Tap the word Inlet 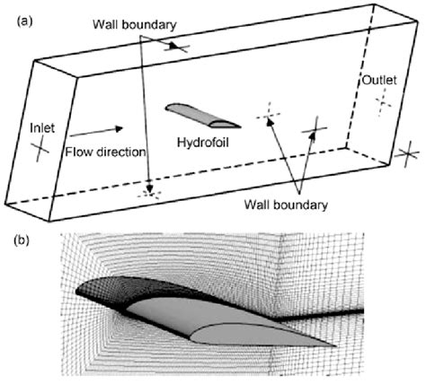pyautogui.click(x=43, y=127)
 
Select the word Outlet pyautogui.click(x=378, y=81)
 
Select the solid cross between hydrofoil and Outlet pyautogui.click(x=314, y=127)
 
